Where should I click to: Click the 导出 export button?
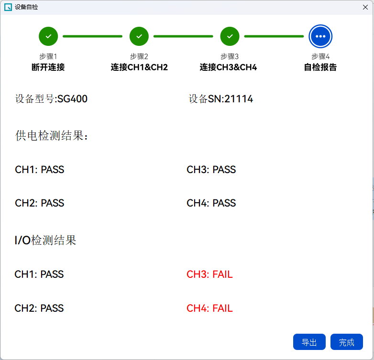tap(309, 342)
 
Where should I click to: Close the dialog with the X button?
tap(365, 7)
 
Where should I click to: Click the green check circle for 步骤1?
tap(48, 36)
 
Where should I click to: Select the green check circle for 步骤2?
tap(139, 36)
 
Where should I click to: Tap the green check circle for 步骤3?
tap(230, 36)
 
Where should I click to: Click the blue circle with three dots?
tap(320, 36)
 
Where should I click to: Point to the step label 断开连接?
tap(48, 67)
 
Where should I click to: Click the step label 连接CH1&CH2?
tap(139, 67)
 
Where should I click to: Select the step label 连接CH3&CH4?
tap(228, 67)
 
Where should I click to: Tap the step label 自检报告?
tap(320, 67)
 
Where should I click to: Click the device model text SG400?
tap(73, 98)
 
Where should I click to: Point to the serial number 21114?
tap(239, 98)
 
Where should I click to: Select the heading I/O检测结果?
tap(45, 240)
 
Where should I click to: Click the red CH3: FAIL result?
tap(209, 274)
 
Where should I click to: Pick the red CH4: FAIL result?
tap(209, 308)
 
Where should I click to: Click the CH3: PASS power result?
tap(211, 170)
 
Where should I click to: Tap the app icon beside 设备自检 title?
tap(8, 7)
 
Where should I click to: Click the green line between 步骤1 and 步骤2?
tap(93, 36)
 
